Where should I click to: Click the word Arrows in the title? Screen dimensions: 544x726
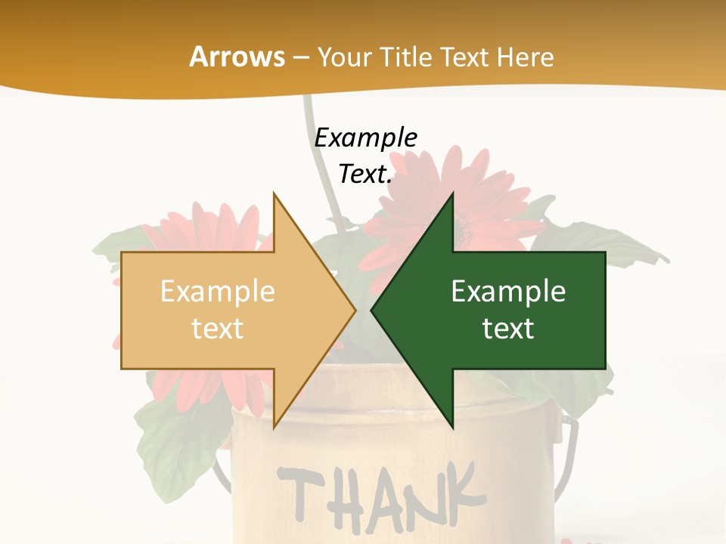tap(237, 57)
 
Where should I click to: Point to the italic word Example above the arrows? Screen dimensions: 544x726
tap(365, 138)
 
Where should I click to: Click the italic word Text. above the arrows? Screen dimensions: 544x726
tap(365, 175)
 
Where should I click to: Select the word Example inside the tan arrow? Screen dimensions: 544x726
tap(217, 292)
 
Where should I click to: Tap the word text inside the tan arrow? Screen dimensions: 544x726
tap(217, 329)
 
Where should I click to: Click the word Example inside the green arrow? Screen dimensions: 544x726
tap(508, 292)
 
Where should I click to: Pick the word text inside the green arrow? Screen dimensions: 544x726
tap(508, 329)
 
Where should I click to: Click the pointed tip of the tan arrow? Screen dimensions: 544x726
tap(355, 310)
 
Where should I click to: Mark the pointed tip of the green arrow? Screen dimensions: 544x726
tap(372, 310)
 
